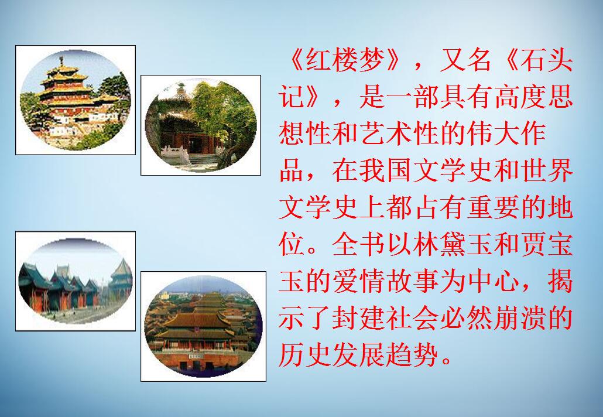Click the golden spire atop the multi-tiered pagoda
tap(61, 61)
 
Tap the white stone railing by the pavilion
tap(176, 153)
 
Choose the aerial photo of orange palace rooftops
tap(203, 326)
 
